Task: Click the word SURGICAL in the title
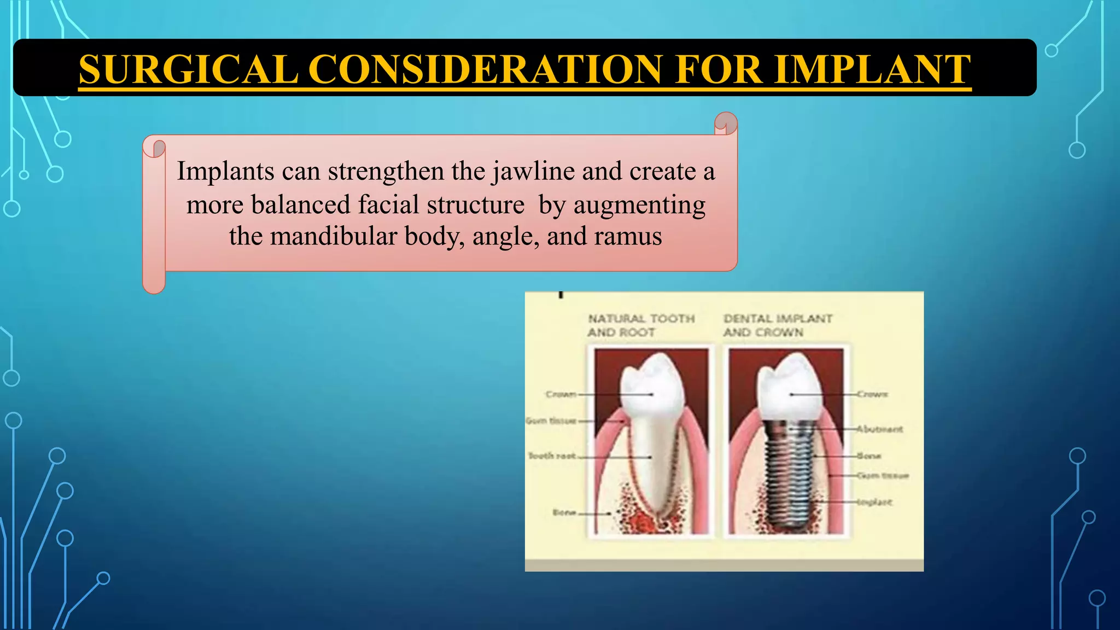[188, 69]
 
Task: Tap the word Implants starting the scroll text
[225, 172]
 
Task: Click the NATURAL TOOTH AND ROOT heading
[641, 325]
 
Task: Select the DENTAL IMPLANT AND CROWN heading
[778, 325]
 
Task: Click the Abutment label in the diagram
[879, 429]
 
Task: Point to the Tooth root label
[552, 456]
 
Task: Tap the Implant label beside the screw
[875, 502]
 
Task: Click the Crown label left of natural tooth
[561, 394]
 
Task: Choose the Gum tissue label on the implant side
[882, 476]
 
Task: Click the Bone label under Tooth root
[564, 513]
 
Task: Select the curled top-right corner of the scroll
[726, 124]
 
